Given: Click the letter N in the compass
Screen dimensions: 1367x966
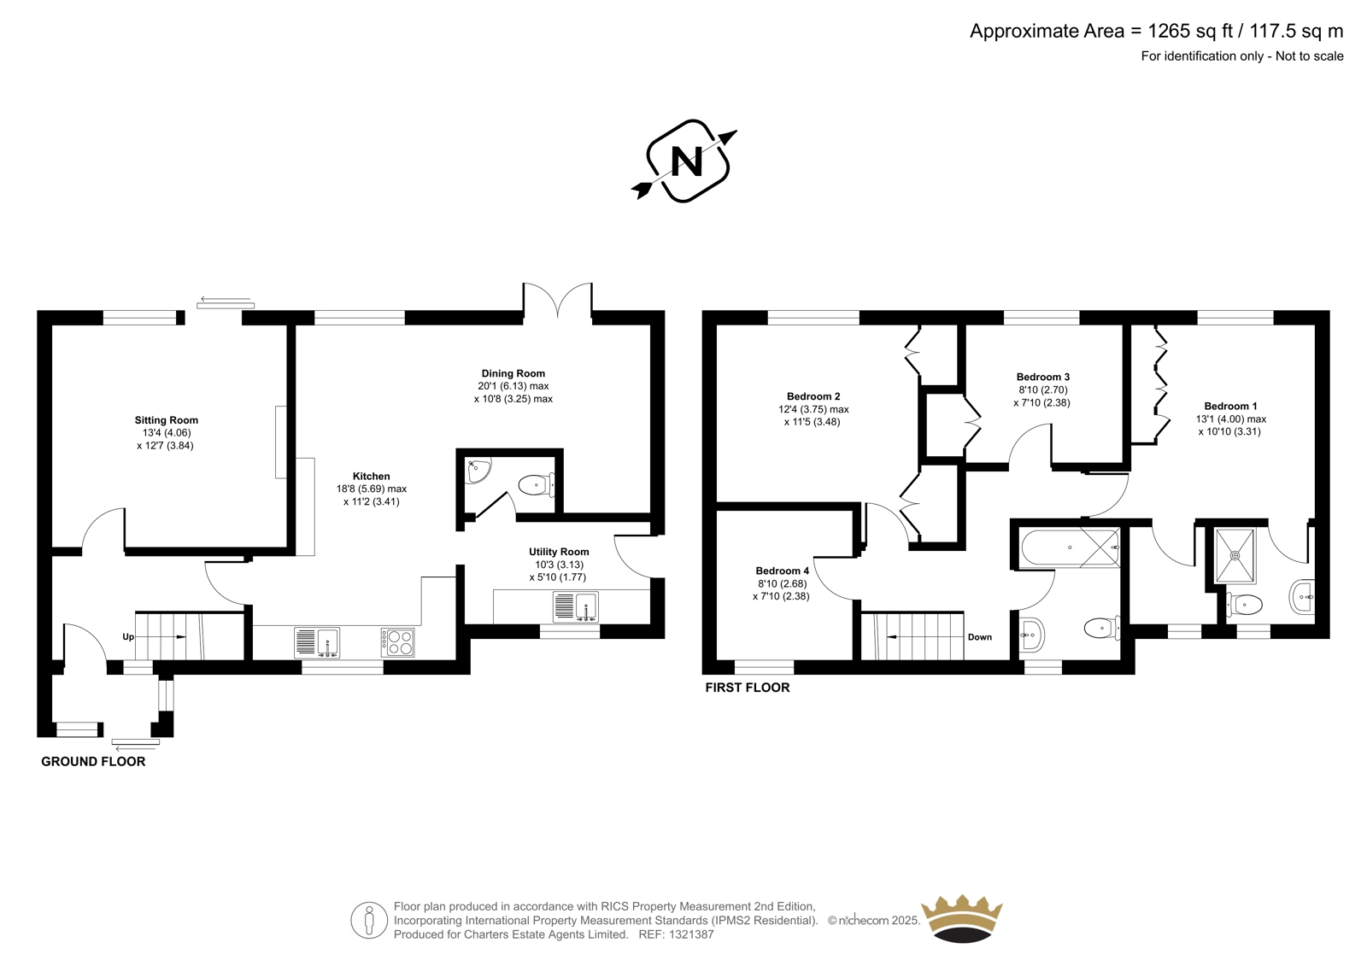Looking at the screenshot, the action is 687,161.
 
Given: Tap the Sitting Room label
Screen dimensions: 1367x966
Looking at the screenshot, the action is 167,420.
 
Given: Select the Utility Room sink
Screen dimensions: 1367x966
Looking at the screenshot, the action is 576,606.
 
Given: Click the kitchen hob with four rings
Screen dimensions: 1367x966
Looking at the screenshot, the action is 398,642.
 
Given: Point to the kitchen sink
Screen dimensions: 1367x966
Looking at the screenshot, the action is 317,642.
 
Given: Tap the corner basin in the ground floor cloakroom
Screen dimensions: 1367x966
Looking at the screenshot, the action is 478,471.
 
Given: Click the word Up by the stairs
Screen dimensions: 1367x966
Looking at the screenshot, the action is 128,637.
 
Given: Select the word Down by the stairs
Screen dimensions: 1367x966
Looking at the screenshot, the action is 980,637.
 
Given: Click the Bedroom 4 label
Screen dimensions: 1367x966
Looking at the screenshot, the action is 783,571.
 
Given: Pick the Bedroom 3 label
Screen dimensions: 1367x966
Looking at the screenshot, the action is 1043,377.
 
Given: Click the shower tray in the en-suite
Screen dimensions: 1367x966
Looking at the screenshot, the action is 1235,555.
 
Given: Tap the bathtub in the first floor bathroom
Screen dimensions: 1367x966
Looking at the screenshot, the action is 1070,547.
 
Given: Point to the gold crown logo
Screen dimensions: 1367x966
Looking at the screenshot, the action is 962,918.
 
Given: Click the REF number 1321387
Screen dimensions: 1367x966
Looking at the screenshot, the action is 691,934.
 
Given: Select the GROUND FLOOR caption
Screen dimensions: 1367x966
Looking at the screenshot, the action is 93,762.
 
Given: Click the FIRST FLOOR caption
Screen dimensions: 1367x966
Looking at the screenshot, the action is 748,688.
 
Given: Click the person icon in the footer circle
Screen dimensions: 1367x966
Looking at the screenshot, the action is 368,920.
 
